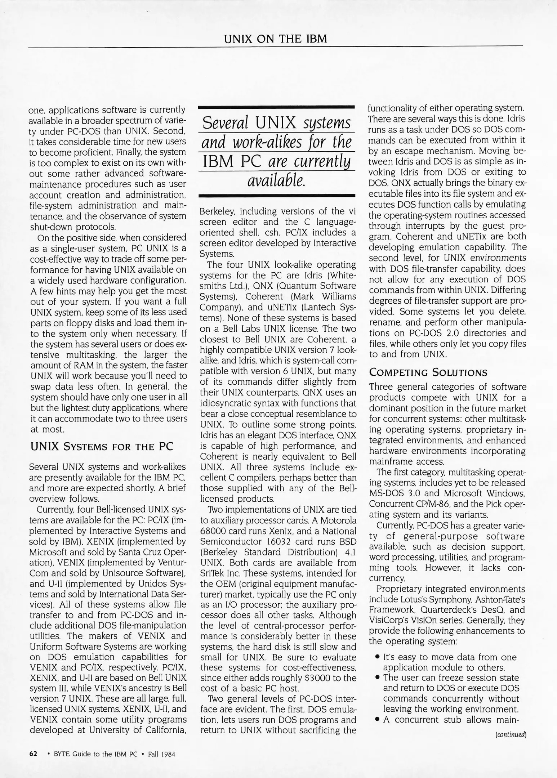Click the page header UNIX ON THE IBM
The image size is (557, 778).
275,39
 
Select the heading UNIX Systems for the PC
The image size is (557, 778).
101,447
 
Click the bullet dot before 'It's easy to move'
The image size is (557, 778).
376,658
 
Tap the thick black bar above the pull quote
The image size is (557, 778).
277,107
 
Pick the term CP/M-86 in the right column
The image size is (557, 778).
432,504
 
